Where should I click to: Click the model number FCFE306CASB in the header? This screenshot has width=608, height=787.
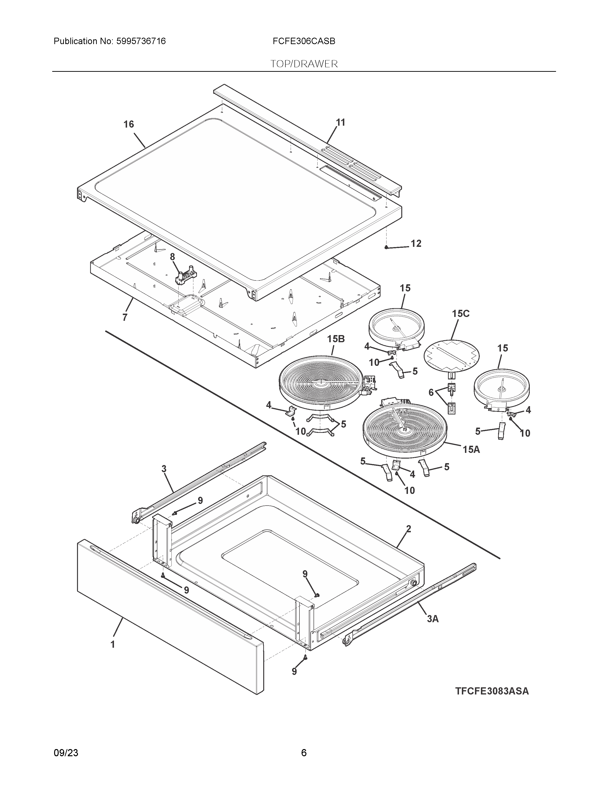(304, 41)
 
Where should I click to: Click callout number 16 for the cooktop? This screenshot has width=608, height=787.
(129, 124)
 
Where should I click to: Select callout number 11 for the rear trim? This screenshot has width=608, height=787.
(340, 123)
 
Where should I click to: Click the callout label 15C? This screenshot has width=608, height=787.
(461, 314)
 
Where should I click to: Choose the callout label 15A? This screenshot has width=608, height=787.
(471, 449)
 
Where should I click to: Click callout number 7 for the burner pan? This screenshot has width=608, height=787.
(125, 317)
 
